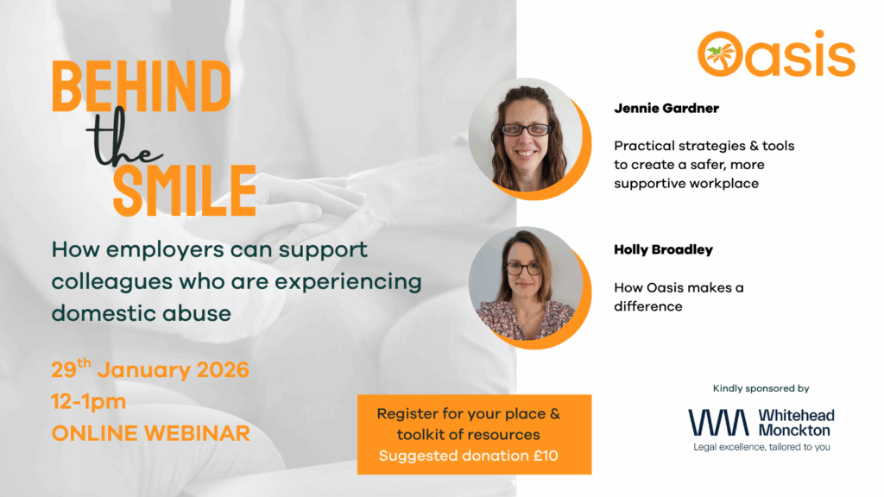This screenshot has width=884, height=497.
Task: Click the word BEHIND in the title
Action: click(141, 86)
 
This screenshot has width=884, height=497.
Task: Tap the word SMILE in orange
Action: click(185, 191)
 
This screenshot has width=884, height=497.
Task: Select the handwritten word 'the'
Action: click(124, 139)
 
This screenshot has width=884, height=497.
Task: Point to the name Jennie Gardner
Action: click(666, 108)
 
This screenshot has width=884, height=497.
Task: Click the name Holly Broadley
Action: click(664, 249)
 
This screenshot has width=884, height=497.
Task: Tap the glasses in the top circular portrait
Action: click(526, 129)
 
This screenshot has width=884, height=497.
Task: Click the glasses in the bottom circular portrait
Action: click(524, 269)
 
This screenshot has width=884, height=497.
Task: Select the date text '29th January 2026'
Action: click(150, 369)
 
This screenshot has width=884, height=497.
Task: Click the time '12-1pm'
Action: click(89, 402)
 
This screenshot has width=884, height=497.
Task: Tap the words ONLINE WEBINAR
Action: click(150, 433)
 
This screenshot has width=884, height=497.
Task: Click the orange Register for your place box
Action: click(474, 435)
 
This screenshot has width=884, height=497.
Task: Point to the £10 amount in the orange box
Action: click(546, 456)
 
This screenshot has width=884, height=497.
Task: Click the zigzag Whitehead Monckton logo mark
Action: click(718, 423)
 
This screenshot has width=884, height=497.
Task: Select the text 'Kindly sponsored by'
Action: click(761, 388)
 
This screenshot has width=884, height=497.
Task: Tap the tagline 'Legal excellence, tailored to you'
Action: click(761, 448)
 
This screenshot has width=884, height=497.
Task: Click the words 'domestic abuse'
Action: click(142, 313)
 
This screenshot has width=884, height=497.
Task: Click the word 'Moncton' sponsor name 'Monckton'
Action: click(794, 431)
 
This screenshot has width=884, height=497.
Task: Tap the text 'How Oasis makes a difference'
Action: click(679, 297)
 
